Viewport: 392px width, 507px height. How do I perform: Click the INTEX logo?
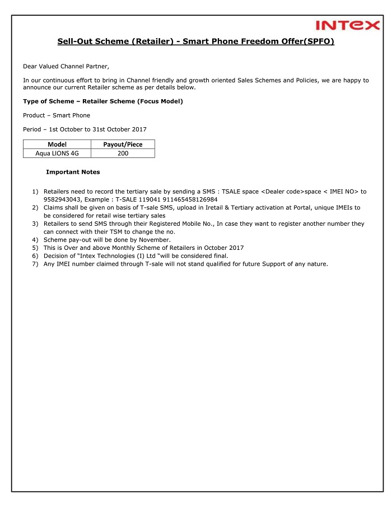347,25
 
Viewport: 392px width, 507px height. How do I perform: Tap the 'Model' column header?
57,145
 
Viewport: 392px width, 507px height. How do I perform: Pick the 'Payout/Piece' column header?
123,145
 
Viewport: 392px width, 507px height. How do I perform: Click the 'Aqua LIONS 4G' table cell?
57,153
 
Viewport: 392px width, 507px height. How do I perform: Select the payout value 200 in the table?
123,153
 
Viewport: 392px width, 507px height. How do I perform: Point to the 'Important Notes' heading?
73,172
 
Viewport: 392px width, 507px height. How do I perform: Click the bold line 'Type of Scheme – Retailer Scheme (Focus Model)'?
102,101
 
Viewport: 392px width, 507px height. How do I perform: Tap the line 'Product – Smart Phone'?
57,115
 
